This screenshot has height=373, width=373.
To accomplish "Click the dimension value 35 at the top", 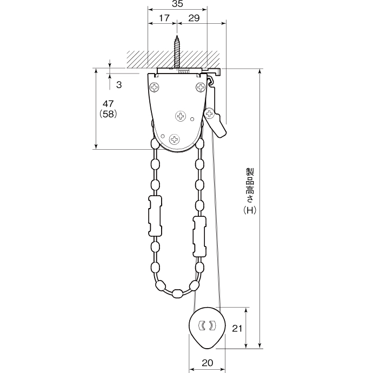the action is (177, 4).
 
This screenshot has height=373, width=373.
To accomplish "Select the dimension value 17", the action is (164, 18).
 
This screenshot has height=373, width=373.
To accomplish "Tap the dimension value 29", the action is (194, 18).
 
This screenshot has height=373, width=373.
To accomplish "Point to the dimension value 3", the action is (119, 85).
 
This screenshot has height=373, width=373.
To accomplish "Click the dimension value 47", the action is (108, 104).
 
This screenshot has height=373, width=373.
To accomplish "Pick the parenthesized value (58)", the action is (108, 114).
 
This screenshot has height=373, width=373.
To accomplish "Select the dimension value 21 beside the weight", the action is (237, 329).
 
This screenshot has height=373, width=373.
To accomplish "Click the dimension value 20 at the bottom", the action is (207, 363).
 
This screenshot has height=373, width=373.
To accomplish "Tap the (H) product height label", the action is (250, 210).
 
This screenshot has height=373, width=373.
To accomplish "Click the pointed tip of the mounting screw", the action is (177, 36).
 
